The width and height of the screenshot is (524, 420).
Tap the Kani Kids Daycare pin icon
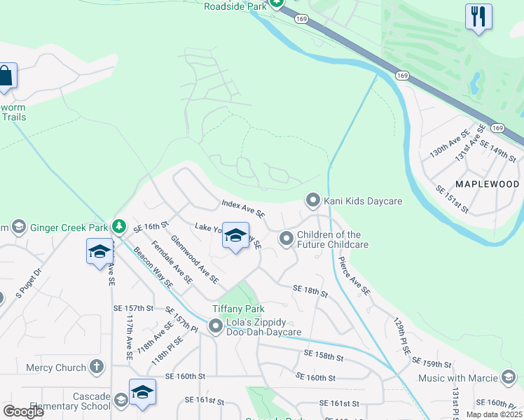click(x=312, y=201)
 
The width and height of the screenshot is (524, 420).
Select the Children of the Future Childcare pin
click(x=286, y=239)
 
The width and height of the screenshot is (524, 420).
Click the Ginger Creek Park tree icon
click(x=120, y=227)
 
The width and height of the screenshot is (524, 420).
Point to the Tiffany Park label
click(x=240, y=309)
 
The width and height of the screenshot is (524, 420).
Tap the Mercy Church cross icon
click(x=96, y=367)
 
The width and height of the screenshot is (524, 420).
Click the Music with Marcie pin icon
click(x=509, y=378)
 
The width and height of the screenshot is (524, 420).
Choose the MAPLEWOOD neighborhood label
click(x=487, y=184)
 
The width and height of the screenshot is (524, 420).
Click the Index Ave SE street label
click(x=243, y=208)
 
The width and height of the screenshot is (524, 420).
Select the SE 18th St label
click(x=310, y=291)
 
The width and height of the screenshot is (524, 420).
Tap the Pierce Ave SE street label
click(x=354, y=275)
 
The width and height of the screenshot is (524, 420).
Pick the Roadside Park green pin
click(x=277, y=3)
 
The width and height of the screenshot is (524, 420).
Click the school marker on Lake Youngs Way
click(x=236, y=236)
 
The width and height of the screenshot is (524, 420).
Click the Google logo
click(x=23, y=412)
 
